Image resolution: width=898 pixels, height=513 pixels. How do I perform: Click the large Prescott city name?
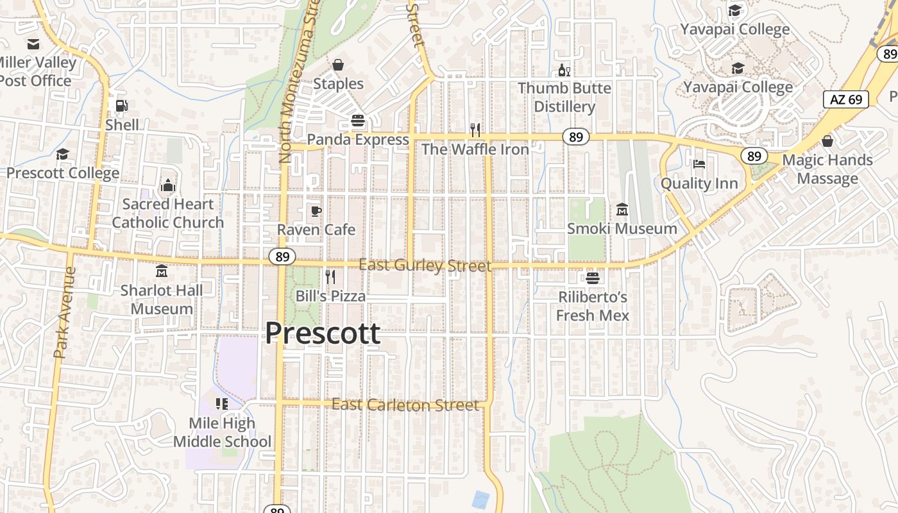323,333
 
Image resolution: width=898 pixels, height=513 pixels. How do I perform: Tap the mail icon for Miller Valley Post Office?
33,44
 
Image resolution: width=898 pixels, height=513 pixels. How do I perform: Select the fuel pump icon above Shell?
121,106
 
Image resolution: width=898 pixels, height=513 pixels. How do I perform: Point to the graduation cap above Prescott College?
62,155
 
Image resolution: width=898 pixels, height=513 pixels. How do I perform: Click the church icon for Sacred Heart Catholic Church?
168,185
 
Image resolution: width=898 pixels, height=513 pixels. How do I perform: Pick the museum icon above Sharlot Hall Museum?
161,271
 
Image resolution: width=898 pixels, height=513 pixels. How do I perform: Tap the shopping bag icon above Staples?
338,65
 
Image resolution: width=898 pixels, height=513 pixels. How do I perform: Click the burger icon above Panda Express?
358,121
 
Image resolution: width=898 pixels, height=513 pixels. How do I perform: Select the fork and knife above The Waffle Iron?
475,130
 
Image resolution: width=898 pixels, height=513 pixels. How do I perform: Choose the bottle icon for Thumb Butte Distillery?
564,70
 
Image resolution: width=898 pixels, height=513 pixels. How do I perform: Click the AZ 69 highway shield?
846,99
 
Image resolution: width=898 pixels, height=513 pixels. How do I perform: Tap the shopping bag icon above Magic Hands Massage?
827,141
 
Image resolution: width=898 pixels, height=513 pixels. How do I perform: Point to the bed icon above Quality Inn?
699,164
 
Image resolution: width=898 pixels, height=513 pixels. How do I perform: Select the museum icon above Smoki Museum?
622,210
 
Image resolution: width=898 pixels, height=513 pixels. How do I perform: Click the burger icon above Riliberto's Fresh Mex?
592,278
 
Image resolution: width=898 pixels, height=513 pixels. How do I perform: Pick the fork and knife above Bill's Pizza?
330,277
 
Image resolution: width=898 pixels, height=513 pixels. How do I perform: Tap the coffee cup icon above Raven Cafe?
316,210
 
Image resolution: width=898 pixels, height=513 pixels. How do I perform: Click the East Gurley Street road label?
425,265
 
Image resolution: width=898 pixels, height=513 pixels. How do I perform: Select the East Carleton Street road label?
405,405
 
